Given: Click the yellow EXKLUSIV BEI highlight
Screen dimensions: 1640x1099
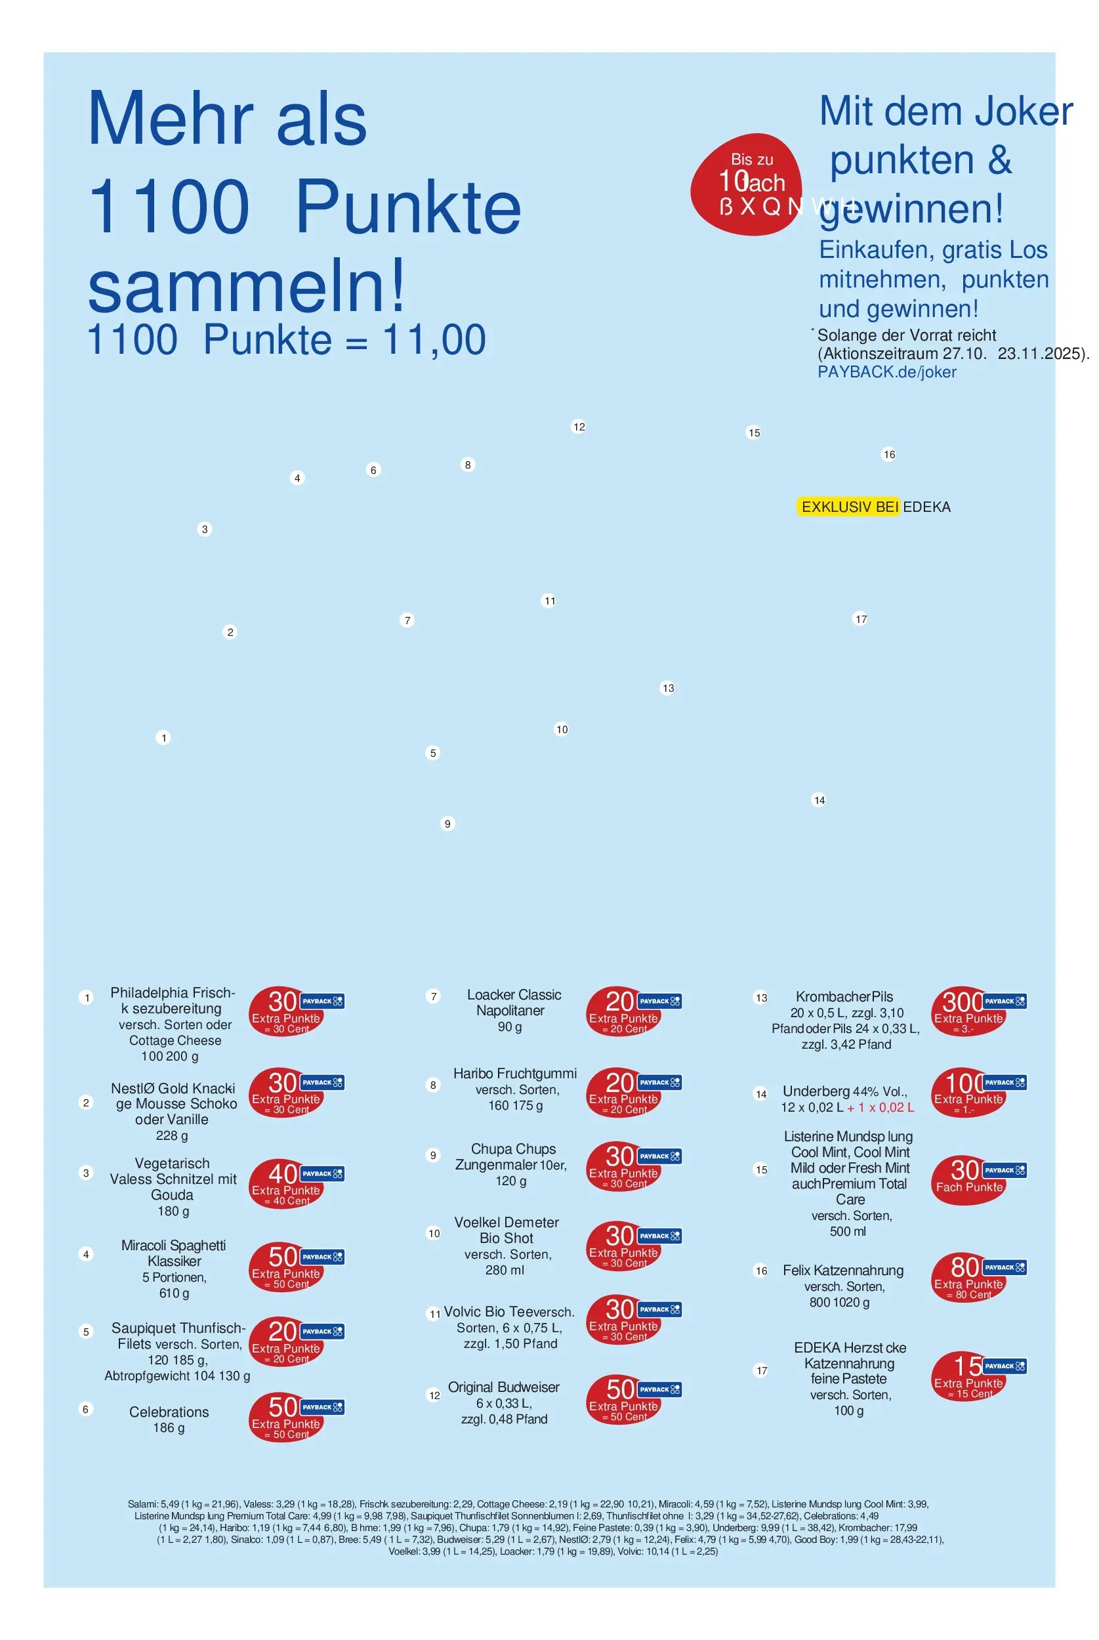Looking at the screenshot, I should coord(848,507).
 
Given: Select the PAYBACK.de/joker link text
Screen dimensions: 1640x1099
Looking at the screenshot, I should coord(886,371).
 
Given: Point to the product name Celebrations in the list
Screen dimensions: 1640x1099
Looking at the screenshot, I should coord(169,1412).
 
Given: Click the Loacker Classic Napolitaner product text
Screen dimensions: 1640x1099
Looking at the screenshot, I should coord(514,1002).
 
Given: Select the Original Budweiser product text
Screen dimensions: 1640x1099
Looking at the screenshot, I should coord(503,1387).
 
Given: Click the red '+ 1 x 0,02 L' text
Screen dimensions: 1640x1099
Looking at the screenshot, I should coord(881,1107).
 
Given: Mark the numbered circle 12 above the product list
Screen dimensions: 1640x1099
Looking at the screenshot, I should coord(579,427).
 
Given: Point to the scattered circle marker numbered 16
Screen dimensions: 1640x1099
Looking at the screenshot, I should coord(889,454).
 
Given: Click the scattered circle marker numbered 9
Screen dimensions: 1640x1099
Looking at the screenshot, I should coord(447,824).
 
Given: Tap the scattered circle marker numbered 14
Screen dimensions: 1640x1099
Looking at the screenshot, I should coord(819,800).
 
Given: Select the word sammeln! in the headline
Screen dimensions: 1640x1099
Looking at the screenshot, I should coord(246,286).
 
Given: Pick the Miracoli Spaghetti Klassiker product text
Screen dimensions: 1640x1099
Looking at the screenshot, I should coord(174,1252).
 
